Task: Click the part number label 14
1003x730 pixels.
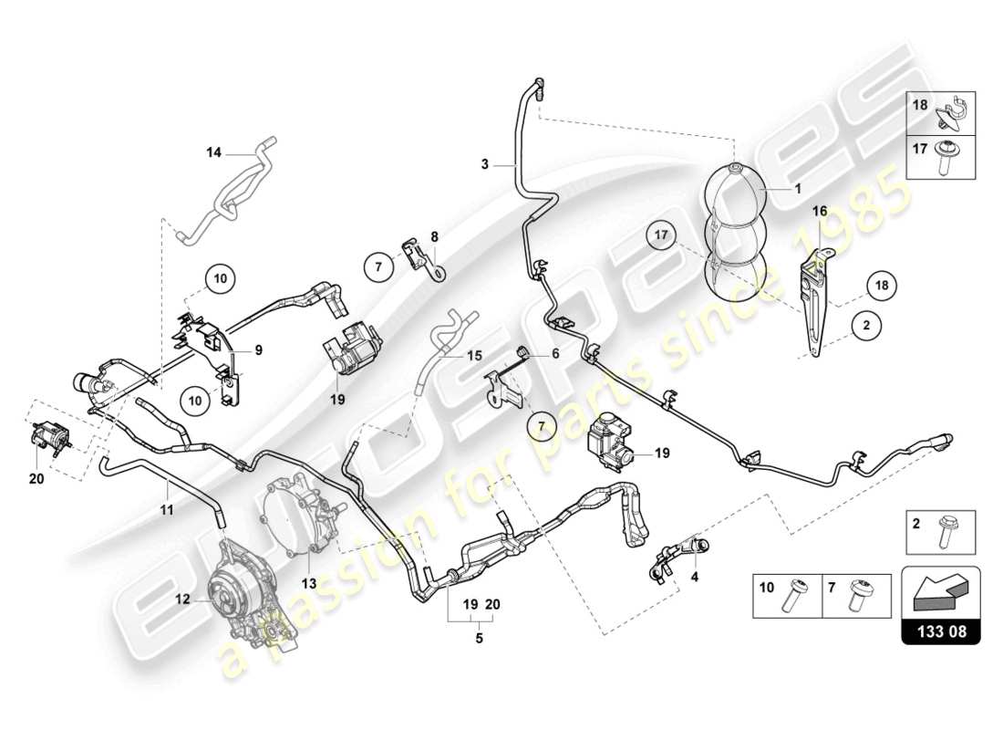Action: point(213,153)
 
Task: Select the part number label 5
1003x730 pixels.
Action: point(479,638)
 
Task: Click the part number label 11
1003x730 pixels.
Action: point(167,511)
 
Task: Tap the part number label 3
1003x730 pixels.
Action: point(486,165)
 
